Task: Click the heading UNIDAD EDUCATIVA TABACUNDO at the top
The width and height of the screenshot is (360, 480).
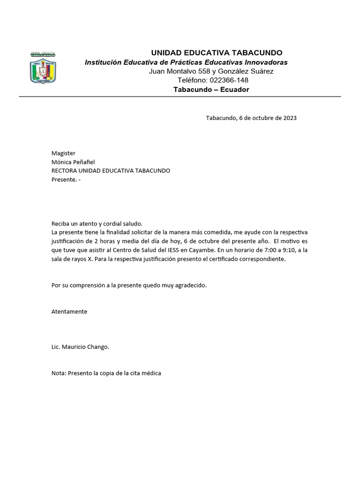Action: (216, 52)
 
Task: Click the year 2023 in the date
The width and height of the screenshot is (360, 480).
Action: (289, 118)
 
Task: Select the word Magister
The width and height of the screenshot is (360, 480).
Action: (63, 153)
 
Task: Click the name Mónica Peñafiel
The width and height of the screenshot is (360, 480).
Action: (73, 162)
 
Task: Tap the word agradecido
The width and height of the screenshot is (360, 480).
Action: (190, 285)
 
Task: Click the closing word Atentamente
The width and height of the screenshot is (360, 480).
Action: (69, 312)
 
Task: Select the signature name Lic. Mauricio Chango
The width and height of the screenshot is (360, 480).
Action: (80, 347)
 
